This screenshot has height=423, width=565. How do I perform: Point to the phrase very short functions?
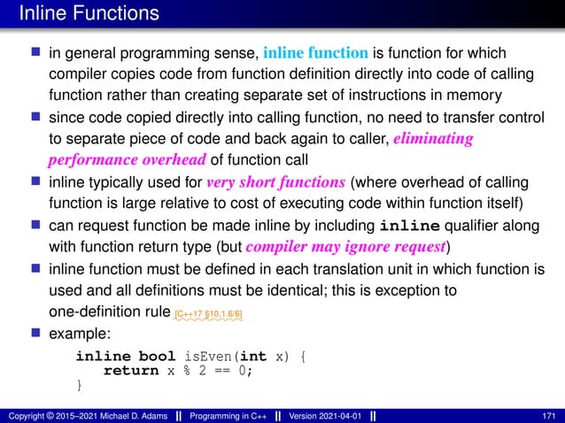(x=276, y=184)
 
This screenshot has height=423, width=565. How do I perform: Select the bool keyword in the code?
(x=158, y=357)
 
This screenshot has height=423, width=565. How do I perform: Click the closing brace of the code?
(x=79, y=385)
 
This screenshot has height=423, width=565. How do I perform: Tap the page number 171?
(x=547, y=415)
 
